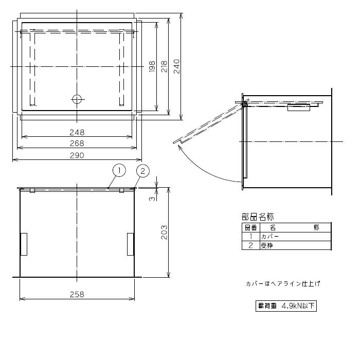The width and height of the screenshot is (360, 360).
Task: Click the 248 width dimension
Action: (77, 133)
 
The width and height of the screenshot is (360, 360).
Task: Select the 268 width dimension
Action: (77, 143)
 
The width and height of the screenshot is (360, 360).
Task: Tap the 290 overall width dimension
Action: (77, 156)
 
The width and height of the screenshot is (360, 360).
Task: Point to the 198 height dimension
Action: (152, 66)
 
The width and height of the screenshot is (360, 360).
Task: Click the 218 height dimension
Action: (164, 66)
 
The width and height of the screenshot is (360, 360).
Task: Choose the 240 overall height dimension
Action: (176, 66)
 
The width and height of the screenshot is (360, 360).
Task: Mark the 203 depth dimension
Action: (164, 232)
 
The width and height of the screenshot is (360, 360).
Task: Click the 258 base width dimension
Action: (77, 295)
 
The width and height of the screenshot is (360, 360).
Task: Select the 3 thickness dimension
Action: (152, 199)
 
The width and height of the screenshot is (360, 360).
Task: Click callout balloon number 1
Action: (119, 170)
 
